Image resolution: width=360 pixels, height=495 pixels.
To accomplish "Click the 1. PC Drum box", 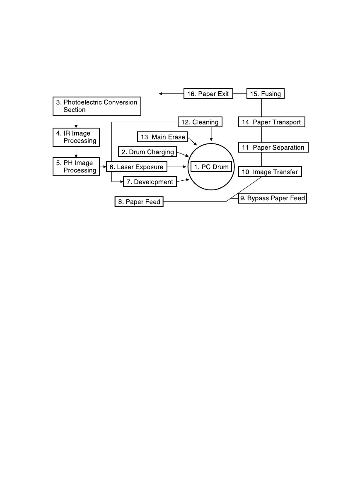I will pos(211,167).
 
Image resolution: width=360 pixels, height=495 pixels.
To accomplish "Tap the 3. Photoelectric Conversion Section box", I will pos(97,106).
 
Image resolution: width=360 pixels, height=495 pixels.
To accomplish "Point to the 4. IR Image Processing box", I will pos(76,137).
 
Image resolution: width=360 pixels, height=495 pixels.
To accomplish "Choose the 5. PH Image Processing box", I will pos(76,167).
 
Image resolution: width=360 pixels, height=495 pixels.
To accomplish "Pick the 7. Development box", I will pos(150,182).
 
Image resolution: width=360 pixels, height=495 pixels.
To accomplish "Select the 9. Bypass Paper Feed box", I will pos(273,198).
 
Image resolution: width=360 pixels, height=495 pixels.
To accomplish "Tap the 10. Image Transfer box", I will pos(270,172).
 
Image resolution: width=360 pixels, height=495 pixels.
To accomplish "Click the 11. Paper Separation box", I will pos(273,147).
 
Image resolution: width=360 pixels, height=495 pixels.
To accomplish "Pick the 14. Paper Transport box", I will pos(271,122).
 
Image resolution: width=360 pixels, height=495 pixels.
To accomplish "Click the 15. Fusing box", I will pos(266,94).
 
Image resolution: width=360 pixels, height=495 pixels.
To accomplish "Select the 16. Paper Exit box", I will pos(208,94).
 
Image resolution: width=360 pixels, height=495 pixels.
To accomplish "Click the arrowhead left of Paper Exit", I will pos(161,94).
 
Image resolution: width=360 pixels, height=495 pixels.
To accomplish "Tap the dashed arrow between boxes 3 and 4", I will pos(76,121).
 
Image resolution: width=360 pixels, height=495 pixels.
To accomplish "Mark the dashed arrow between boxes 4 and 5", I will pos(76,151).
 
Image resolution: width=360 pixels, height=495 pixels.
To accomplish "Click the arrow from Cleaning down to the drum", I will pos(212,134).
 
